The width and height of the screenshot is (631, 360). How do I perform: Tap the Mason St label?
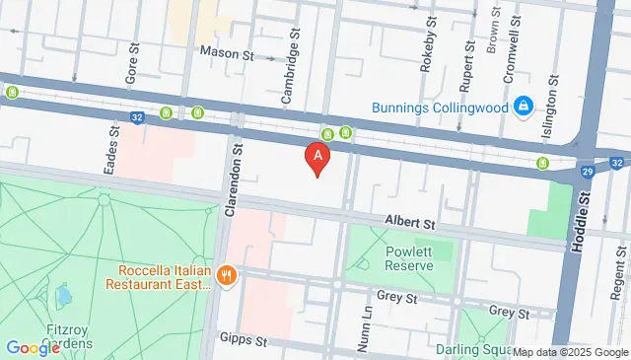[x=227, y=52]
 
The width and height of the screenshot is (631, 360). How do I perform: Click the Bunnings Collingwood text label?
[x=440, y=107]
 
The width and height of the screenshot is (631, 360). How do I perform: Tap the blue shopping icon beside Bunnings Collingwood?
[x=523, y=106]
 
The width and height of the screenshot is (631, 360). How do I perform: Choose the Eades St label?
[x=113, y=148]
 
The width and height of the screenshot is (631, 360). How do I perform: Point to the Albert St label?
[x=409, y=225]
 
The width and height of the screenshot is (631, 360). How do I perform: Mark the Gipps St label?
[x=244, y=338]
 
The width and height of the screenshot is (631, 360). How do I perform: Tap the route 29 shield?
[x=588, y=172]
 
